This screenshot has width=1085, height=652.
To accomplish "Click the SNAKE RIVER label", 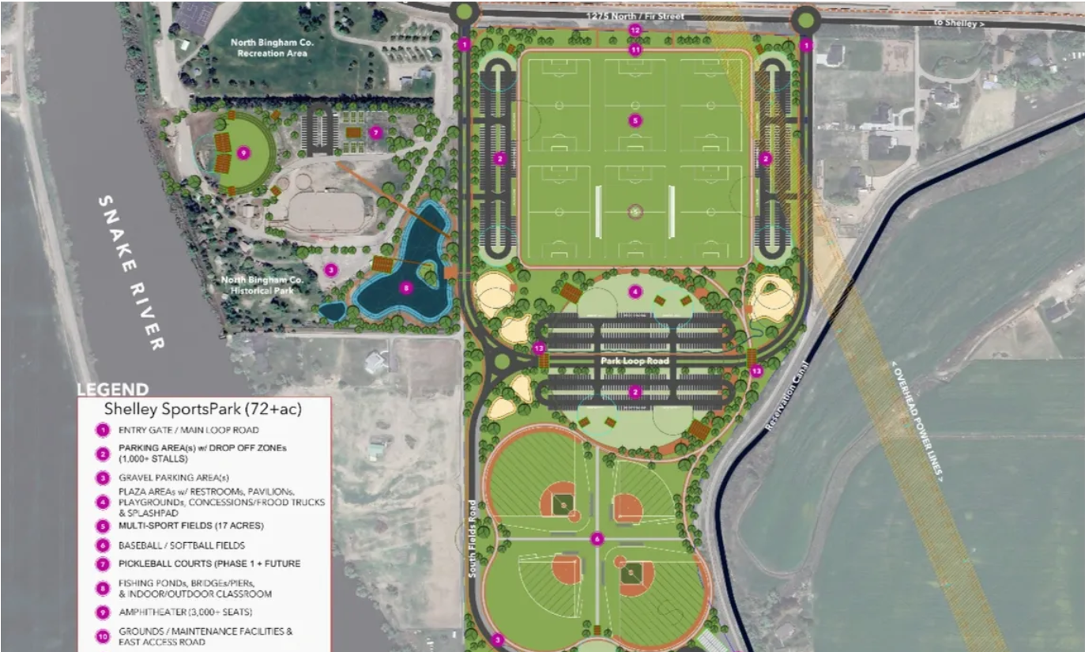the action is tap(131, 273).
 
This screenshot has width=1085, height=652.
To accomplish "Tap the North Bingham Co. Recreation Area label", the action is tap(272, 47).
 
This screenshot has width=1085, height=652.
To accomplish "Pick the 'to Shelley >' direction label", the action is tap(960, 24).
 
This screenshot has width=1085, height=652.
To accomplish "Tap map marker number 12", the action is tap(635, 29).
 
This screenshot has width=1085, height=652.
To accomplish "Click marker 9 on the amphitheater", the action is tap(243, 153).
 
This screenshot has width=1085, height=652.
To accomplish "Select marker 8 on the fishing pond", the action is tap(406, 288).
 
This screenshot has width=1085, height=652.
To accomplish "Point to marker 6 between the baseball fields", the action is tap(597, 539).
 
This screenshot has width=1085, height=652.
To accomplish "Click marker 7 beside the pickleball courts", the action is tap(376, 132).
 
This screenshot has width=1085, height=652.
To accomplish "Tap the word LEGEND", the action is tap(112, 390).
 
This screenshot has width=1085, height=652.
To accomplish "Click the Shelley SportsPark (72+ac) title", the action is tap(203, 409).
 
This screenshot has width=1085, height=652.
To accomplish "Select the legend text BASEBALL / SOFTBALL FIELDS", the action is tap(182, 545).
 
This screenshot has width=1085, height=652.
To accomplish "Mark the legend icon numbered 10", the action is tap(102, 636).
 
